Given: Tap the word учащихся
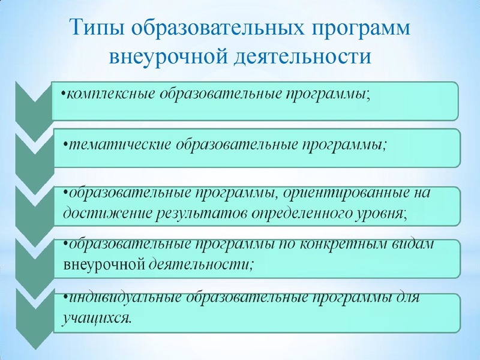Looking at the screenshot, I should [x=96, y=316].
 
